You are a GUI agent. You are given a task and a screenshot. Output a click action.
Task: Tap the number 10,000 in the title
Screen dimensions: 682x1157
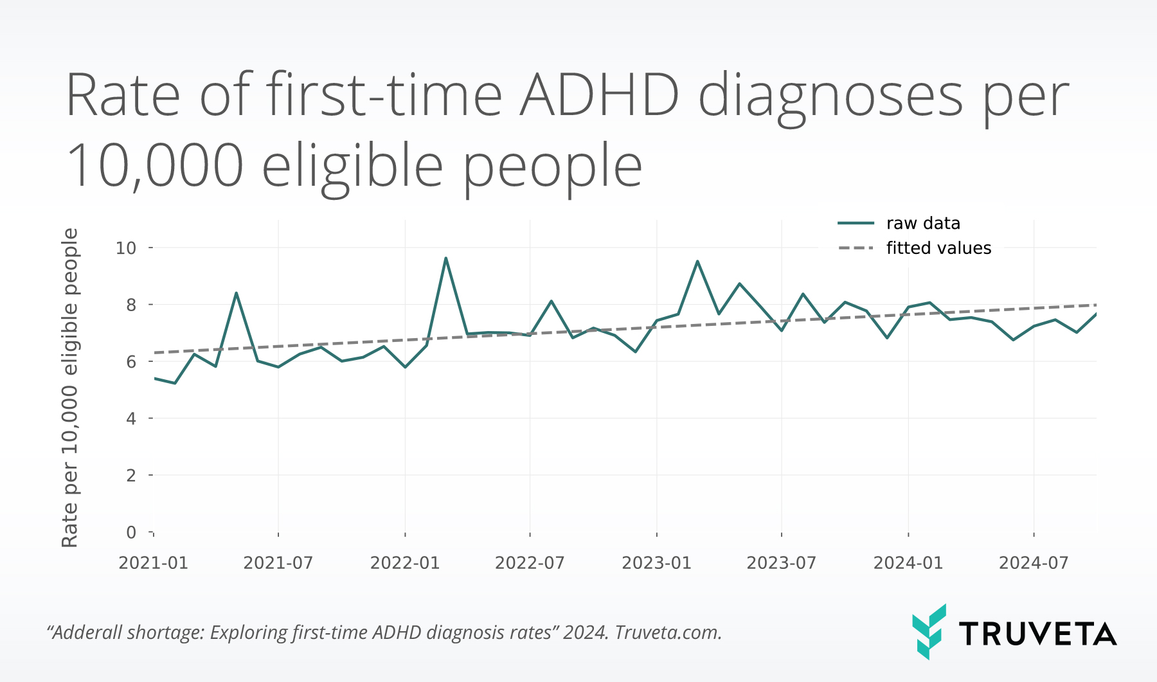coord(155,166)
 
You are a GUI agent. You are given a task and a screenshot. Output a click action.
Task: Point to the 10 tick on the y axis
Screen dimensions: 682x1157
coord(126,247)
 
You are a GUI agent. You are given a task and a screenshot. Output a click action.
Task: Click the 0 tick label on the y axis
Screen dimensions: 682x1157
coord(131,532)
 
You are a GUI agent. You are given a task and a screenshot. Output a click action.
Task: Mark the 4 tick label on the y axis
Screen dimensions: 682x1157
coord(131,418)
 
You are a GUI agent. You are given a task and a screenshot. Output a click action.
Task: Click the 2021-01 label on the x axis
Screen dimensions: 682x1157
coord(153,563)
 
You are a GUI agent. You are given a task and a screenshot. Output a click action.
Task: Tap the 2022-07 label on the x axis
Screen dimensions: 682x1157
coord(530,563)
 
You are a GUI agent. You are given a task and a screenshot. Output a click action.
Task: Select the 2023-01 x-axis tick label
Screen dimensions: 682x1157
coord(656,563)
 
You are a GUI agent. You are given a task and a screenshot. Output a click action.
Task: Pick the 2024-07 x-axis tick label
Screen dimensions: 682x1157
coord(1033,563)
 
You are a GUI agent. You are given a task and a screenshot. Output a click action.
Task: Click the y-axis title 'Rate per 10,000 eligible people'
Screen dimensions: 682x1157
coord(69,388)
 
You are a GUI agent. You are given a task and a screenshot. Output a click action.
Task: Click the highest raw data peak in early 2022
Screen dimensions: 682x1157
coord(445,258)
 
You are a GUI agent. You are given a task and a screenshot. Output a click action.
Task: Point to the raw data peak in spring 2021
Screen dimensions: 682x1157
coord(237,293)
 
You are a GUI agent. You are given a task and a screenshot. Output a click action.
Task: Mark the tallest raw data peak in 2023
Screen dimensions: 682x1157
coord(697,261)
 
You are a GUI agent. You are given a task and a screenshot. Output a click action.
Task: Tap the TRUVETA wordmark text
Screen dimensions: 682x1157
coord(1037,634)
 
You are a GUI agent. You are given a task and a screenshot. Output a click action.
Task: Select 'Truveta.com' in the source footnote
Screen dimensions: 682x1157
coord(668,633)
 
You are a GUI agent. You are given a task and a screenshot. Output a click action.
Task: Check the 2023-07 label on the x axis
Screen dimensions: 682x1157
coord(781,563)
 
